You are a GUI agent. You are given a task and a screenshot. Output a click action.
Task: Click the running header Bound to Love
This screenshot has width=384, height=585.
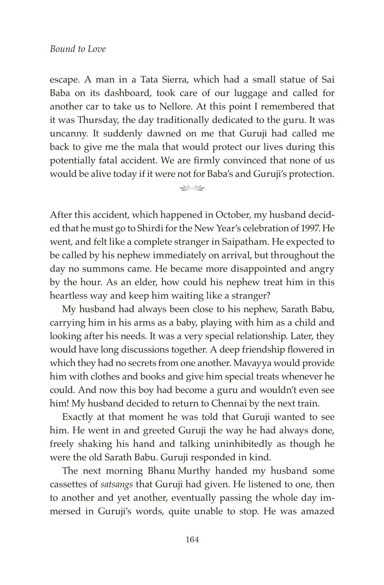77,49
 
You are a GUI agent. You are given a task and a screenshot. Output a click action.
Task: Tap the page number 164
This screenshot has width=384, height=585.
192,540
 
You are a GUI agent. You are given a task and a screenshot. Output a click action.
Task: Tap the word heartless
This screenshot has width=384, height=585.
70,296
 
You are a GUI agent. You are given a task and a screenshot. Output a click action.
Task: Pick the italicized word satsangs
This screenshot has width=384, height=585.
117,485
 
